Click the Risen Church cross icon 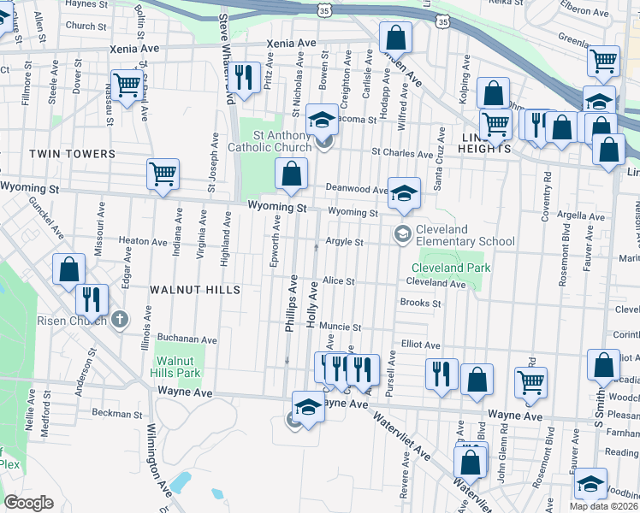coord(121,321)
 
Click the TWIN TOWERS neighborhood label coord(72,154)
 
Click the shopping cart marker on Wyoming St coord(163,174)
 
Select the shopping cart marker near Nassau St coord(127,85)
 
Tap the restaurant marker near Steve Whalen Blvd coord(246,78)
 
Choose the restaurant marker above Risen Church coord(91,299)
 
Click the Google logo coord(28,503)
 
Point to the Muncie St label coord(341,327)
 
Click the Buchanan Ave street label coord(187,339)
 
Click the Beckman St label coord(110,413)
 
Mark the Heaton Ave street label coord(143,242)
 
